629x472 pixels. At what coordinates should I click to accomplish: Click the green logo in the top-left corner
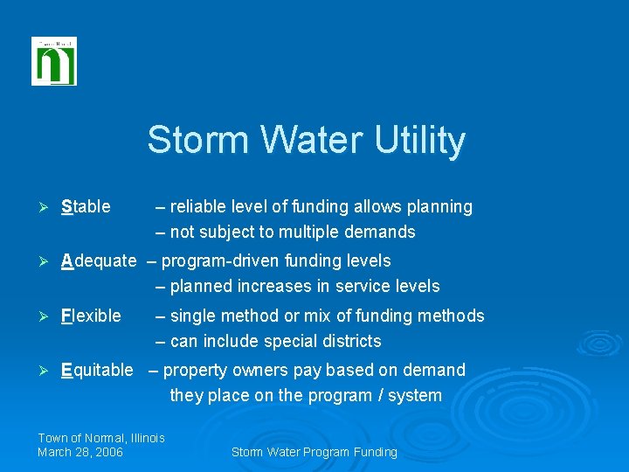click(x=54, y=62)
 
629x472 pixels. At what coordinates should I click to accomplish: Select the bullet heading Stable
click(x=86, y=207)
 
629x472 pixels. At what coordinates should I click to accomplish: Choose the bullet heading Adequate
click(x=99, y=260)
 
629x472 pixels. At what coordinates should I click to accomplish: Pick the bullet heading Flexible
click(x=91, y=316)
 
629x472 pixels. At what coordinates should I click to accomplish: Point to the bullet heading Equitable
click(x=97, y=370)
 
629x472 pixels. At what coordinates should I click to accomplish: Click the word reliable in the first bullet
click(x=197, y=207)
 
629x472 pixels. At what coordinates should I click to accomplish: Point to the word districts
click(x=352, y=341)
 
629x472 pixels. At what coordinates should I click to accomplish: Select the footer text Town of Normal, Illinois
click(x=101, y=438)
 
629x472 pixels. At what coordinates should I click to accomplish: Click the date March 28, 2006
click(x=80, y=452)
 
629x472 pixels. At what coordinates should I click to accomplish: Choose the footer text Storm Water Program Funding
click(x=314, y=452)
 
